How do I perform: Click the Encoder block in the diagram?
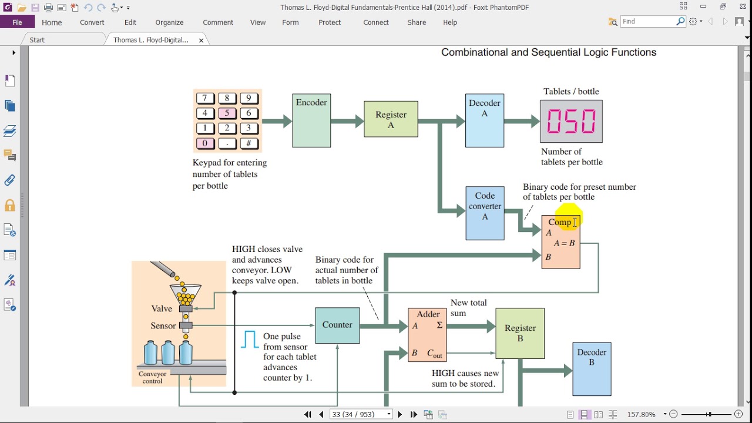311,120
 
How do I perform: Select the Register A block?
391,119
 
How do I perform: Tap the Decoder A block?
485,120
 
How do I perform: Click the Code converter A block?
485,213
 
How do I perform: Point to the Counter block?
337,325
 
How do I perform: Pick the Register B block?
520,333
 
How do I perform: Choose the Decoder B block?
592,369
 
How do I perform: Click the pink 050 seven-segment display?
572,121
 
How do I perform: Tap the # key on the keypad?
249,143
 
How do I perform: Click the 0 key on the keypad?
205,143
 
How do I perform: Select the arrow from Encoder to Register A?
347,121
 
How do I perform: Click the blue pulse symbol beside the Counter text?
250,339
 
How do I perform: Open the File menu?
17,22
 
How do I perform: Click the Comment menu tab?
218,22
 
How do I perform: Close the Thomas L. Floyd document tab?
201,41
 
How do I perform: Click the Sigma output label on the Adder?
439,325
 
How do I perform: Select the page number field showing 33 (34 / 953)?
358,414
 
